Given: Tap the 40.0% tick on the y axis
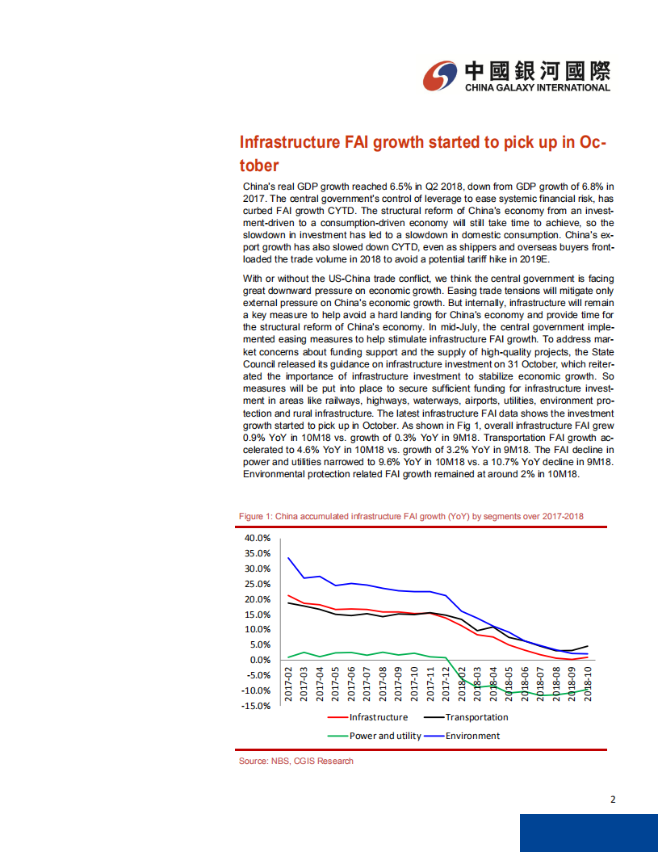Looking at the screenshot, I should click(258, 538).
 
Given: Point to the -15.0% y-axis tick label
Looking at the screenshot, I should click(257, 705).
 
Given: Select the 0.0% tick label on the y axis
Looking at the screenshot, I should click(261, 660).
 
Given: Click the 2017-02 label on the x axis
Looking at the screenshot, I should click(289, 685).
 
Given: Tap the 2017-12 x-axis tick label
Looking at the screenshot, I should click(445, 685).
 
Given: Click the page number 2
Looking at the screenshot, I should click(614, 800).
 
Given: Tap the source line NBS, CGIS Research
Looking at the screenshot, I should click(295, 761).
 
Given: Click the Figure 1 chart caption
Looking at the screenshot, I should click(411, 516).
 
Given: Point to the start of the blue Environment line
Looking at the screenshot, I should click(289, 557).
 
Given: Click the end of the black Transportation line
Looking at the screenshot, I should click(587, 646).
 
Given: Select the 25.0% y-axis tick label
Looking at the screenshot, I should click(258, 584).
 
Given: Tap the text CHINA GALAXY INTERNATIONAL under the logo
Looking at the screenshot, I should click(537, 88).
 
